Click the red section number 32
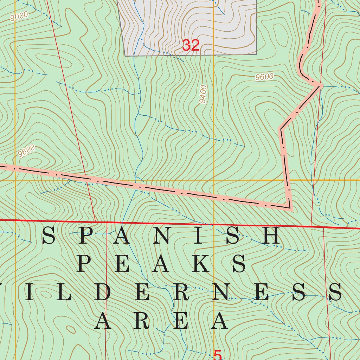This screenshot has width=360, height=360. [x=191, y=45]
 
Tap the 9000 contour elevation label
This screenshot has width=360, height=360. [x=19, y=17]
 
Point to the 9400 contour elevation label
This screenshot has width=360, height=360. [x=203, y=94]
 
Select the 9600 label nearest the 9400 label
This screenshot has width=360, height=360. [x=264, y=77]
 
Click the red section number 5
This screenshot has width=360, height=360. [x=218, y=355]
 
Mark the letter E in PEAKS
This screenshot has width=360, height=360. [x=122, y=264]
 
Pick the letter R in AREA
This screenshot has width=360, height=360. [x=141, y=321]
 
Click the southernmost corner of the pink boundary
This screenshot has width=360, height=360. [x=290, y=208]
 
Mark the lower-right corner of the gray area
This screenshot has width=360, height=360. [x=256, y=54]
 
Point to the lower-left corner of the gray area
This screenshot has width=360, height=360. [x=126, y=56]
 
